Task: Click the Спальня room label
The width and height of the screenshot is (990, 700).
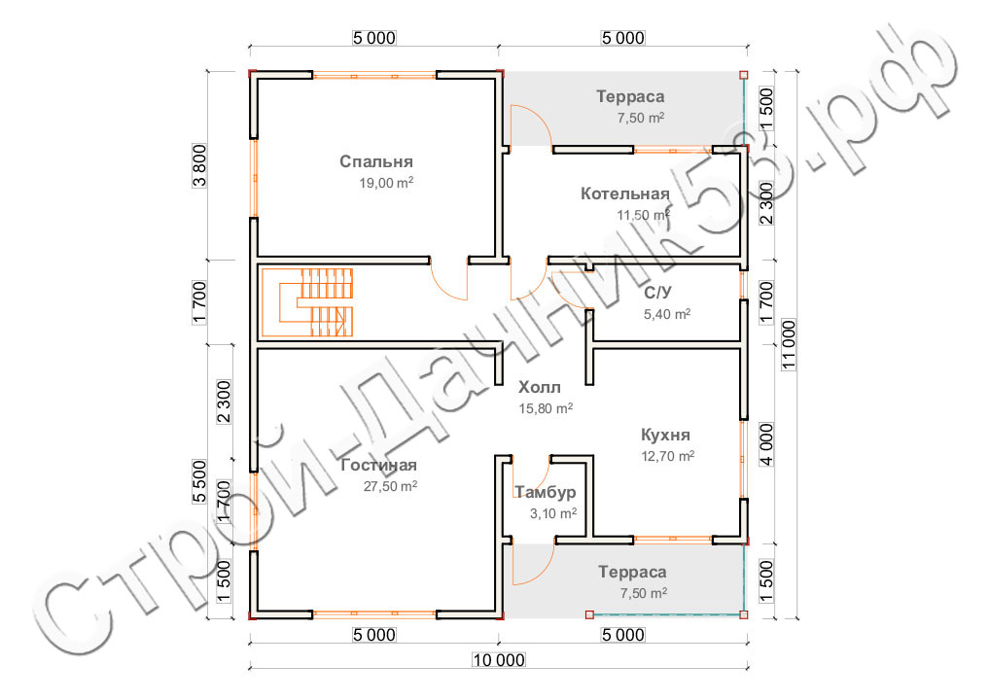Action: coord(376,161)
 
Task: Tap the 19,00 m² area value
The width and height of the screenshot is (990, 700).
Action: coord(386,183)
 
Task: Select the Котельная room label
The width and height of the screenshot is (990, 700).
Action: coord(625,193)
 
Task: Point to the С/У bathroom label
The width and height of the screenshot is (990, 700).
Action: coord(658,293)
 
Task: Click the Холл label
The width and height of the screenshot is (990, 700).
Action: coord(539,387)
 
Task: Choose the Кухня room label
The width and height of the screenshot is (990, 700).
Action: coord(665,435)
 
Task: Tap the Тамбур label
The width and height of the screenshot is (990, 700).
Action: coord(545,492)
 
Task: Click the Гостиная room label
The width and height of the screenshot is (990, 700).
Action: coord(379,465)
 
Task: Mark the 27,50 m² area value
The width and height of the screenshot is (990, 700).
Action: coord(390,486)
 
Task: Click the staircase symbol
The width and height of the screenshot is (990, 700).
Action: coord(307,302)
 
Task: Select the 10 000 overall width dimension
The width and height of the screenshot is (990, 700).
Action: coord(499,660)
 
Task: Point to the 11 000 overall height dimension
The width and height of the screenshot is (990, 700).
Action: coord(789,344)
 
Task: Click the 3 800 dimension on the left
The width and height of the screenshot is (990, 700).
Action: coord(199,166)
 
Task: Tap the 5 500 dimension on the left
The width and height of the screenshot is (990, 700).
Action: coord(199,481)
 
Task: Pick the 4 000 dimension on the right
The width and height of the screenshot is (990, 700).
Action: coord(766,444)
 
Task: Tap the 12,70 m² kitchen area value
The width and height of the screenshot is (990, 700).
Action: coord(668,456)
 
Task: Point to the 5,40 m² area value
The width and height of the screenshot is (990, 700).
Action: coord(667,314)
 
